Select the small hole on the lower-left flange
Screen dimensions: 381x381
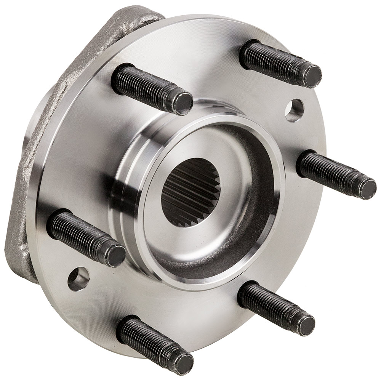point(78,277)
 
